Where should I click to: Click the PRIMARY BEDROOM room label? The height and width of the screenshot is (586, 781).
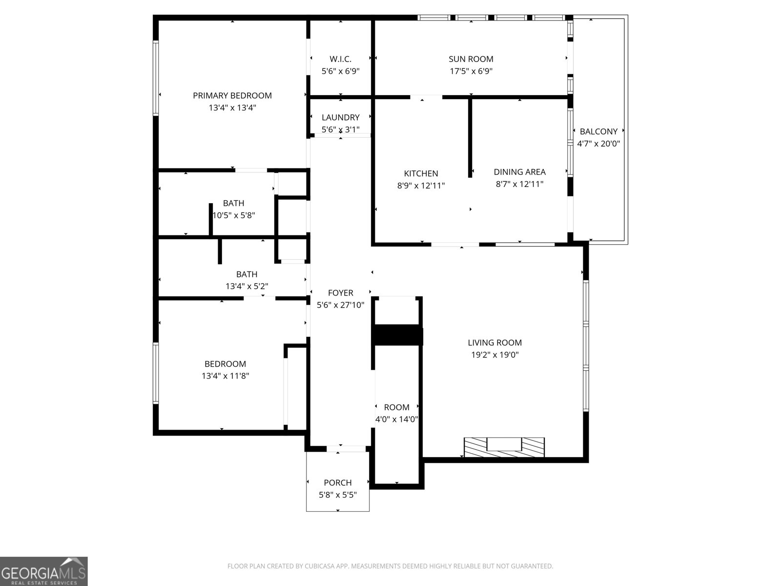click(x=232, y=96)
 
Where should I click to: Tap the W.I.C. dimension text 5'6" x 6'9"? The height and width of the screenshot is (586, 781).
click(x=340, y=71)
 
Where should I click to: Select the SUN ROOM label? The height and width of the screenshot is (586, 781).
click(x=471, y=59)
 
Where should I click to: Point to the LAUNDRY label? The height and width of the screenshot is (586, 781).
click(x=340, y=117)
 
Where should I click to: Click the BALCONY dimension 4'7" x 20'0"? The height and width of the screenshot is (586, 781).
click(x=598, y=144)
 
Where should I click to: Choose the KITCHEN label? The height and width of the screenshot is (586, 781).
click(x=421, y=173)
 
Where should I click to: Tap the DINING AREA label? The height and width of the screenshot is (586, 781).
click(x=519, y=172)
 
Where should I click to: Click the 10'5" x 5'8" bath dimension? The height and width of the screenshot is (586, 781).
click(x=234, y=215)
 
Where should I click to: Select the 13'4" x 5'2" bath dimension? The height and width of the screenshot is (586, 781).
click(x=247, y=287)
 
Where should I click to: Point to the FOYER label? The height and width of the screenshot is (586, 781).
click(x=340, y=293)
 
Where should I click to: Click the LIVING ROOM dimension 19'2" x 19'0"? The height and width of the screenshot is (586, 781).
click(x=494, y=355)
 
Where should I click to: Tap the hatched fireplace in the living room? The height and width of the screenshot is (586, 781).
click(x=504, y=447)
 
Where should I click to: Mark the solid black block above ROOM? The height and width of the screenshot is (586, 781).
click(x=397, y=335)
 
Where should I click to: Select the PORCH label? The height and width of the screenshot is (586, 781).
click(x=337, y=483)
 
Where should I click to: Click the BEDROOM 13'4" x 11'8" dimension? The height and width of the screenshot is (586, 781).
click(x=226, y=376)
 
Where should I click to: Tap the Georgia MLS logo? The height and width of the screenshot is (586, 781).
click(x=43, y=571)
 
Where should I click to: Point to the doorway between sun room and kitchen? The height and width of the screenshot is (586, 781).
click(x=426, y=97)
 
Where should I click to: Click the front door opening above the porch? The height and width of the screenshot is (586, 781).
click(x=340, y=448)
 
